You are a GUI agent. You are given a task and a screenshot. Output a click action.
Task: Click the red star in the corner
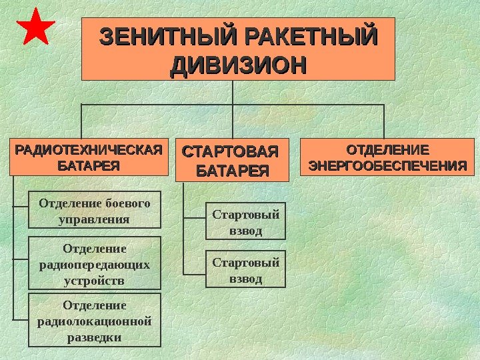coord(35,27)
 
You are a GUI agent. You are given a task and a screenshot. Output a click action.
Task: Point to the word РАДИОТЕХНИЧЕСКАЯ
coord(89,149)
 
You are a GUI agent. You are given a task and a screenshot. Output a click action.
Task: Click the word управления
coord(95,219)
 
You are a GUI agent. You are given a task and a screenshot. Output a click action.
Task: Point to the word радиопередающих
coord(95,265)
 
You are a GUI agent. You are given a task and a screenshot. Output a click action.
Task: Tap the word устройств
coord(95,281)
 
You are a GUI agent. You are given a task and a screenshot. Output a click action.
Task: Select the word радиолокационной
coord(95,321)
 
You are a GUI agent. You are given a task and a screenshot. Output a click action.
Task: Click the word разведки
coord(95,337)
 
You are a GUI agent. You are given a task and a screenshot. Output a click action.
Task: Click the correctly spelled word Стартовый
coord(245,215)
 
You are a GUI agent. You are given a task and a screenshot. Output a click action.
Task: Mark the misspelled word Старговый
coord(245,262)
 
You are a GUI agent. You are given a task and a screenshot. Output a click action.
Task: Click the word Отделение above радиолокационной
coord(95,305)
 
